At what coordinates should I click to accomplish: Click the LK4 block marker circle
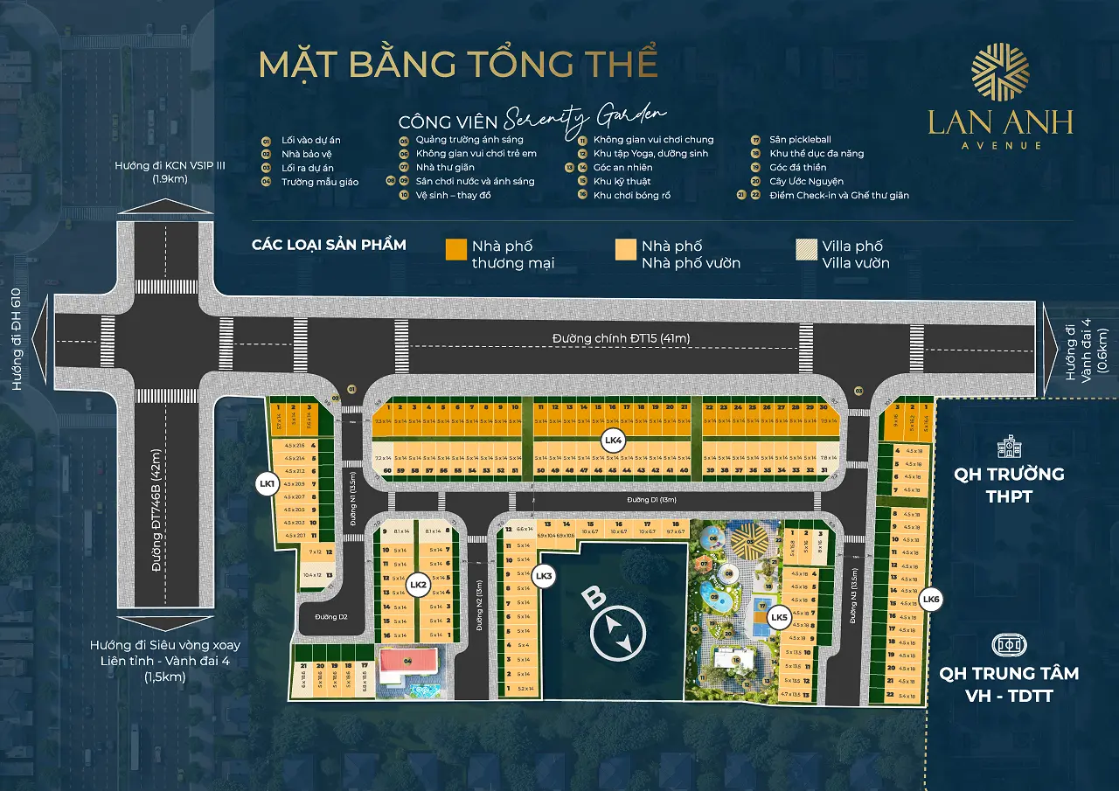612,442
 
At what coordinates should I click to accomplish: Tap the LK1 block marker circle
267,482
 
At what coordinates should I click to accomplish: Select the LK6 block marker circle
931,599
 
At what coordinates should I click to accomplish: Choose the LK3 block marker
543,575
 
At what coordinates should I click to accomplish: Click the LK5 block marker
778,618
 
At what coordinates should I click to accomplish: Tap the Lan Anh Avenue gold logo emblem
1000,72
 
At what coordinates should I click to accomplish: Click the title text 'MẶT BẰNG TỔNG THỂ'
458,65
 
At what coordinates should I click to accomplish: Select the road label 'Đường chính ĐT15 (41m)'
612,339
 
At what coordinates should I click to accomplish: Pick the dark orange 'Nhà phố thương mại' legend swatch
455,249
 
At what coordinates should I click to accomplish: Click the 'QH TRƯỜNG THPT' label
1009,484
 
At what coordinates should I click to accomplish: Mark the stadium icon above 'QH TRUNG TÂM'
1009,645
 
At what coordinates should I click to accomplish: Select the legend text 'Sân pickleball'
800,139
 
